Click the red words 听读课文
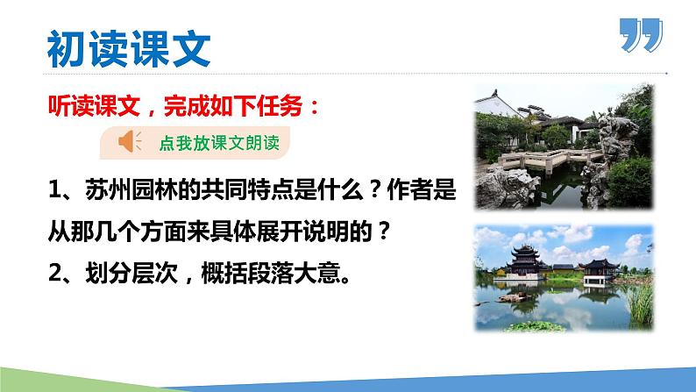[x=82, y=109]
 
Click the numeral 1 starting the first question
[x=54, y=189]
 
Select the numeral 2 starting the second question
[x=54, y=281]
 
